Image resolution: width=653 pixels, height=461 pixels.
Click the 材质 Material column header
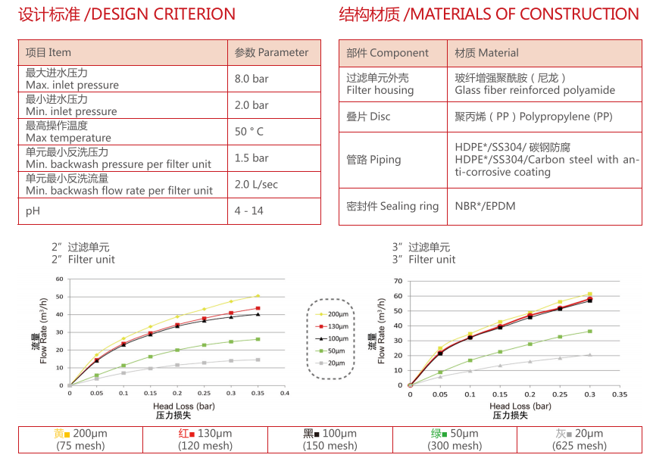[486, 52]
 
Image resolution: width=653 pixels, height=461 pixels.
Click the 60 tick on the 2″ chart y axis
[60, 279]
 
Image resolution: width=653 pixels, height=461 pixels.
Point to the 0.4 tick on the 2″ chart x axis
[285, 393]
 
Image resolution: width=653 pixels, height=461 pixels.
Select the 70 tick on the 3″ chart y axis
[398, 281]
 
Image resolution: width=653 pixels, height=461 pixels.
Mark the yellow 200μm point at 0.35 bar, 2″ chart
[258, 296]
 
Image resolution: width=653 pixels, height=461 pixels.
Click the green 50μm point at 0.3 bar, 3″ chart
[589, 331]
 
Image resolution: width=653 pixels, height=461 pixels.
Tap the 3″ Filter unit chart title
[423, 253]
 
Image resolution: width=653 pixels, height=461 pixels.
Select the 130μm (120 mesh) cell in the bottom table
[205, 440]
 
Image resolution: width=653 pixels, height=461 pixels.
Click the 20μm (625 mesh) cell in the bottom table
[580, 440]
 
